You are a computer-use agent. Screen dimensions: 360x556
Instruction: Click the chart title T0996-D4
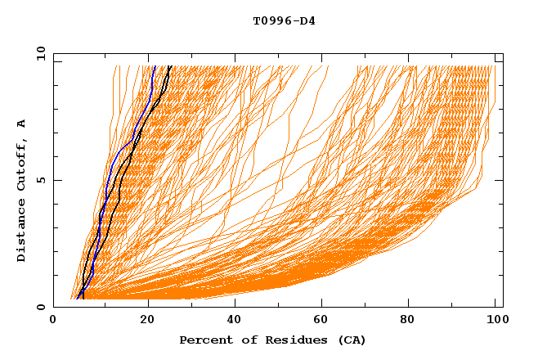pos(284,20)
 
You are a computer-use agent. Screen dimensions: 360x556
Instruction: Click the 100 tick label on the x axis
pos(499,320)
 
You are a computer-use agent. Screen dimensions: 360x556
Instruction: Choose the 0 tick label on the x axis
pos(54,320)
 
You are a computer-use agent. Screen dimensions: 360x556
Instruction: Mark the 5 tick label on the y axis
pos(40,180)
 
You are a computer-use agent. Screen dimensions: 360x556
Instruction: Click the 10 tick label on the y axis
pos(38,52)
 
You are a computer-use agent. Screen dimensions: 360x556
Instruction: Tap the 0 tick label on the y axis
pos(40,307)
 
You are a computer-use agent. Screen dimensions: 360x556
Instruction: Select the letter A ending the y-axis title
pos(22,124)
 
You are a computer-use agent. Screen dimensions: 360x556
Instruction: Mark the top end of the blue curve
pos(153,66)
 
